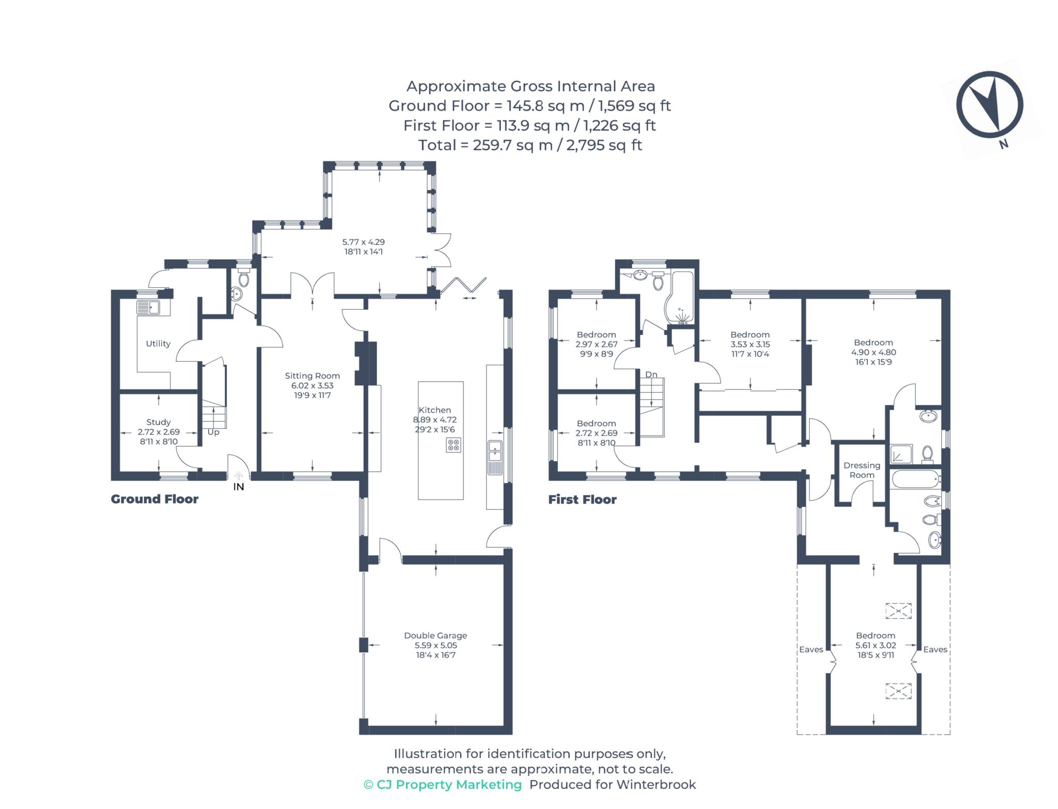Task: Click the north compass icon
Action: click(x=989, y=105)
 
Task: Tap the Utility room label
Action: click(x=158, y=344)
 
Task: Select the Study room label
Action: click(x=158, y=422)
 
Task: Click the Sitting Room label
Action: click(x=312, y=376)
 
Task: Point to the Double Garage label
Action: click(x=435, y=635)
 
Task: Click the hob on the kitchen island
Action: click(x=454, y=445)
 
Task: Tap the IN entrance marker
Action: click(x=239, y=487)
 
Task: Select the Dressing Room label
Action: click(x=862, y=470)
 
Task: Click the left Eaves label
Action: click(x=811, y=649)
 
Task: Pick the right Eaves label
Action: click(x=935, y=649)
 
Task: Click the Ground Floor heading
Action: click(x=154, y=499)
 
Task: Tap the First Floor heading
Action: click(x=582, y=500)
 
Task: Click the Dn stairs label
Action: click(x=651, y=374)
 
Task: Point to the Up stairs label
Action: click(x=213, y=432)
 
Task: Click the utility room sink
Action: click(x=153, y=308)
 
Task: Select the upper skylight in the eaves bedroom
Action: click(x=898, y=611)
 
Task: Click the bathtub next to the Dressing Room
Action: click(x=915, y=479)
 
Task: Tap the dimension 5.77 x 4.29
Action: click(x=363, y=242)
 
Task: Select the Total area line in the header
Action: click(x=530, y=145)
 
